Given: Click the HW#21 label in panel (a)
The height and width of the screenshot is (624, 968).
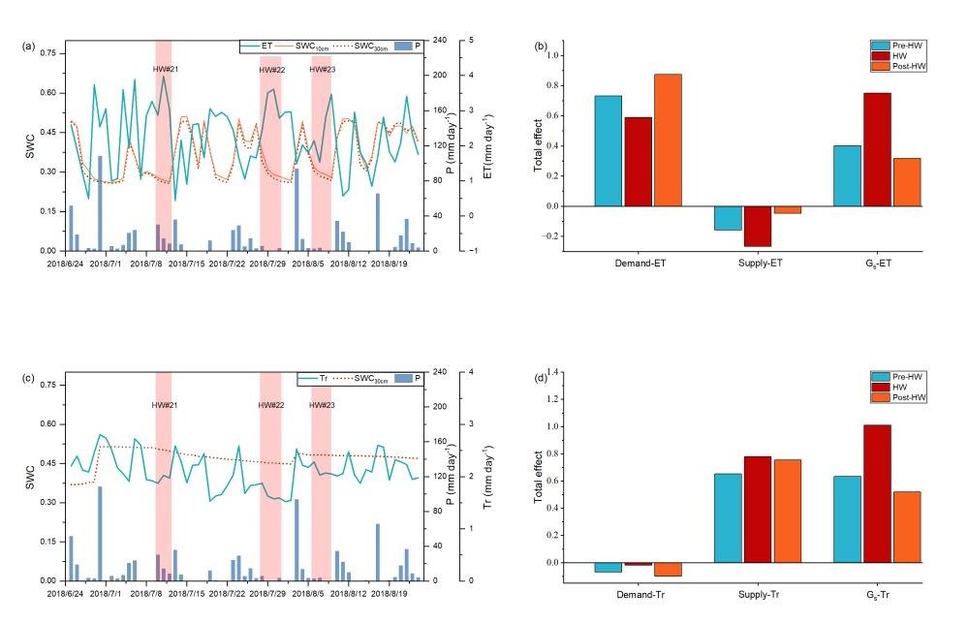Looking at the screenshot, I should click(x=164, y=68).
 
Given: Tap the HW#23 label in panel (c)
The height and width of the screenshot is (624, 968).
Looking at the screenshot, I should click(x=322, y=404).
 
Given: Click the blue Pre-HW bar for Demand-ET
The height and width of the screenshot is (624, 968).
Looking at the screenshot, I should click(x=608, y=151).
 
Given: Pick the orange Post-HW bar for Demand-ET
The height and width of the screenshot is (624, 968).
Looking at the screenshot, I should click(x=668, y=140).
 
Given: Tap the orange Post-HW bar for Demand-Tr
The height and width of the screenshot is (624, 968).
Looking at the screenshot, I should click(x=668, y=569).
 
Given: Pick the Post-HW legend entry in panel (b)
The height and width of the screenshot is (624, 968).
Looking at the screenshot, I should click(x=897, y=66).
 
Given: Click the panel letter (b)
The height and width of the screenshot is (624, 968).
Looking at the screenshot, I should click(x=540, y=46).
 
